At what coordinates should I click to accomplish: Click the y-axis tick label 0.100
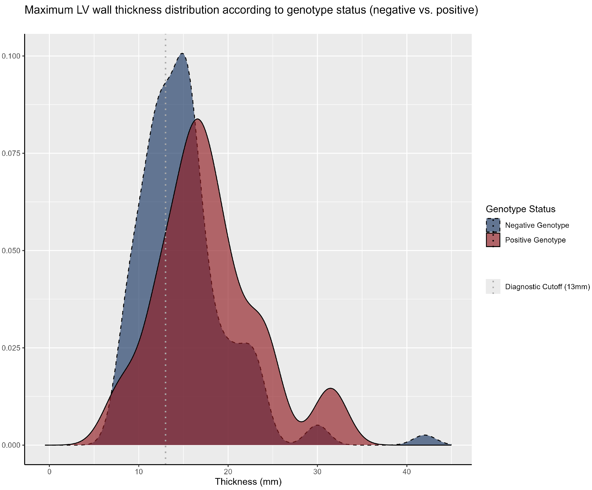click(11, 56)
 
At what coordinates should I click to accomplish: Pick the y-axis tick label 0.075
click(11, 153)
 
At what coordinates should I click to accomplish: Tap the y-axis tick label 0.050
click(11, 250)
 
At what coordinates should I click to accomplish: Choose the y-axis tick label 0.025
click(11, 348)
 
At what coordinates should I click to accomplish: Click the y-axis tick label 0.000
click(11, 445)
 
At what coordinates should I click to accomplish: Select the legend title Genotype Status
click(520, 209)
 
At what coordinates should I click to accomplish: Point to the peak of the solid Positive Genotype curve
click(197, 119)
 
